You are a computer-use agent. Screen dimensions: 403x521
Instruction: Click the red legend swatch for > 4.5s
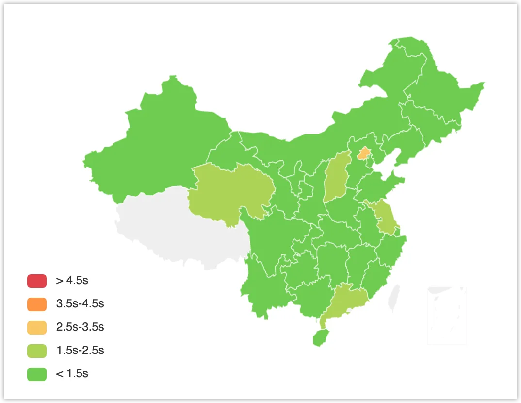coord(37,281)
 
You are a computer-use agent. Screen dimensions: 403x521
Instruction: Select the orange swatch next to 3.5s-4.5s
coord(37,304)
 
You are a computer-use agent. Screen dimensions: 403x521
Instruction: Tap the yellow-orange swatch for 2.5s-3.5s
coord(37,327)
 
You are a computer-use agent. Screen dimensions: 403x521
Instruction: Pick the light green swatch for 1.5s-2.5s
coord(37,351)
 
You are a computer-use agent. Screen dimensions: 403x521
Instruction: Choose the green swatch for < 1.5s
coord(37,374)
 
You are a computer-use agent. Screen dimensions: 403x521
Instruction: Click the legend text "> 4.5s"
coord(72,281)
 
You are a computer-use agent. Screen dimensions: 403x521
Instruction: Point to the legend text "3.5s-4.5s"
coord(80,304)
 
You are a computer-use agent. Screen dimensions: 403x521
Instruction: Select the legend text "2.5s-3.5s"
coord(80,327)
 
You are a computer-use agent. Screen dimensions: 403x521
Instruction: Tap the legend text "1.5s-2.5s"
coord(80,351)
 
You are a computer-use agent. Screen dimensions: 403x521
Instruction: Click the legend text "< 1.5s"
coord(72,374)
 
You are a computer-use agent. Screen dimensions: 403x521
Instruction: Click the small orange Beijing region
coord(363,154)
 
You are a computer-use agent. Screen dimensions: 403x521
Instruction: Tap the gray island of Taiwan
coord(395,298)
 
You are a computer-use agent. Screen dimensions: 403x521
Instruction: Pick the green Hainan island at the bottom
coord(321,337)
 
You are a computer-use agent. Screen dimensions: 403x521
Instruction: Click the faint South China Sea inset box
coord(447,316)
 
